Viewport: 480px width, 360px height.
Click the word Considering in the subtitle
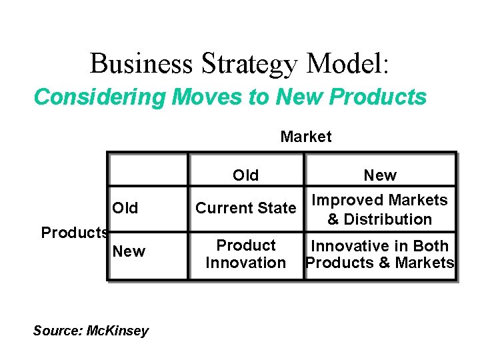(100, 97)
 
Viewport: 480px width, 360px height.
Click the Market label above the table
(305, 137)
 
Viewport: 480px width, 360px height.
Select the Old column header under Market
(245, 175)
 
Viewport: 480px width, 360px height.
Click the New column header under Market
(379, 175)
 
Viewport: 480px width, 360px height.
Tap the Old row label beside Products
(125, 208)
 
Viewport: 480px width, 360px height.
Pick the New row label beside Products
(129, 251)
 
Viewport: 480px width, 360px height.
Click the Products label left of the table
(75, 233)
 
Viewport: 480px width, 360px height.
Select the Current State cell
(245, 208)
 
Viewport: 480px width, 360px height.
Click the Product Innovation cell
(245, 254)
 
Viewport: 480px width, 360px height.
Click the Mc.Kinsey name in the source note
(118, 331)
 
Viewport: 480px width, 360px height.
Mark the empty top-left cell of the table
(148, 169)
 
